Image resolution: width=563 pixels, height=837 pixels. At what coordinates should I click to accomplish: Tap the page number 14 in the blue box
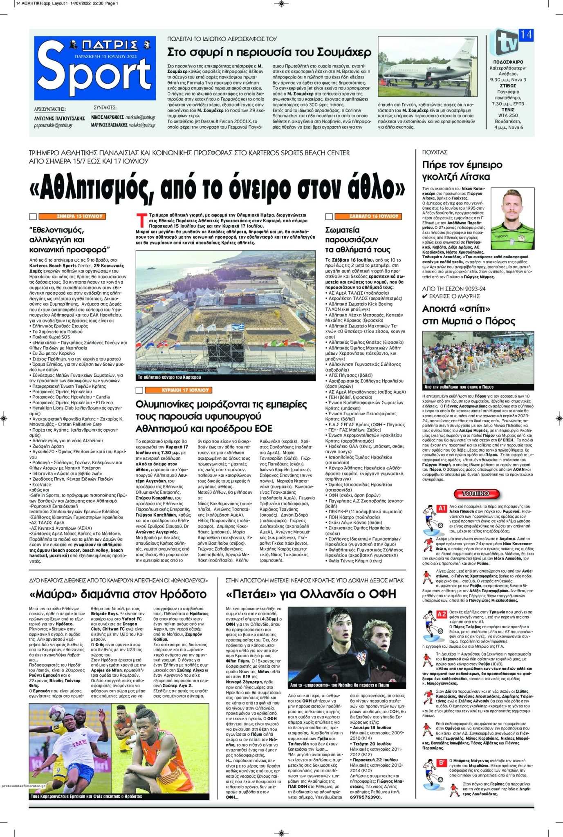pos(526,35)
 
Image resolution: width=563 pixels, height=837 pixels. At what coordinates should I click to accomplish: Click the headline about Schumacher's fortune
pos(269,52)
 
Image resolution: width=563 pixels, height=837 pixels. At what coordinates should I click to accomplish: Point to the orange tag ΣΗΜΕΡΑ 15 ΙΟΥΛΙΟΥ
pos(80,216)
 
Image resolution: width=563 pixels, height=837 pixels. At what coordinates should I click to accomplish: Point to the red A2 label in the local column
pos(442,614)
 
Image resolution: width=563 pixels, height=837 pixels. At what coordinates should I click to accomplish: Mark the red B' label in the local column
pos(442,763)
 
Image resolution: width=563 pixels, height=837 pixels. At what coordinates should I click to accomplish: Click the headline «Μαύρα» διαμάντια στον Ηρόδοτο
pos(118,594)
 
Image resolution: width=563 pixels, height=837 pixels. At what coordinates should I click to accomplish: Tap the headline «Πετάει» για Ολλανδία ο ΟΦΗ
pos(311,594)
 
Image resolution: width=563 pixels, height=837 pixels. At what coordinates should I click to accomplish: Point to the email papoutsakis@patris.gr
pos(53,125)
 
